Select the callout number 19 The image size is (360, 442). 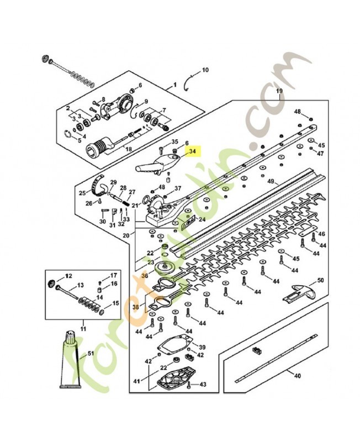[279, 90]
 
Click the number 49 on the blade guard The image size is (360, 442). [271, 181]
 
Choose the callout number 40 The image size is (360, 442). [297, 376]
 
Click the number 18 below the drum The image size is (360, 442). [129, 150]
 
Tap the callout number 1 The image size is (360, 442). [176, 86]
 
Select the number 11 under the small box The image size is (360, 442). [83, 329]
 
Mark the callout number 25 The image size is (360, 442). [82, 193]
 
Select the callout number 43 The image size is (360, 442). [203, 384]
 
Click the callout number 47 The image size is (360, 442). [320, 153]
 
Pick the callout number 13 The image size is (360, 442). [80, 286]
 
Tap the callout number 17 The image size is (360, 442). [113, 275]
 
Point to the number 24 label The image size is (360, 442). [202, 219]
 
